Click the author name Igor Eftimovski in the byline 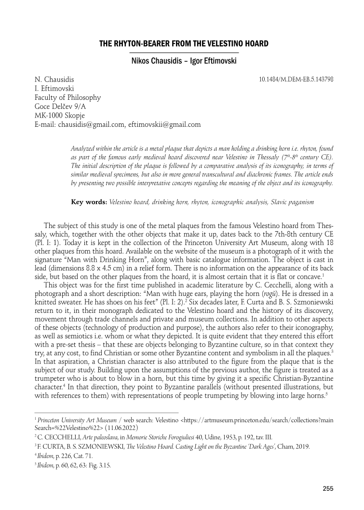pyautogui.click(x=211, y=61)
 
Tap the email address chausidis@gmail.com pyautogui.click(x=92, y=124)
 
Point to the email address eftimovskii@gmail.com pyautogui.click(x=164, y=124)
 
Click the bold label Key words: pyautogui.click(x=89, y=203)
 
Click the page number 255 pyautogui.click(x=328, y=489)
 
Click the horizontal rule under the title pyautogui.click(x=185, y=52)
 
